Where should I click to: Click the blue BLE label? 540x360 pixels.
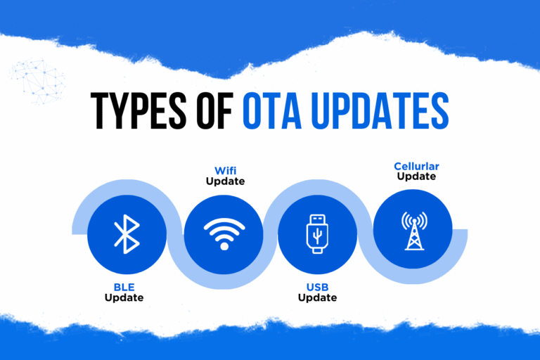point(124,287)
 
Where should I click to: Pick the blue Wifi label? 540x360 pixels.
point(224,172)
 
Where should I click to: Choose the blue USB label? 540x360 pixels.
point(317,287)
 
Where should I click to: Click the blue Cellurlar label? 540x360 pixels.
point(416,167)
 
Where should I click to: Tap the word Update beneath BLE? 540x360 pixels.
point(124,297)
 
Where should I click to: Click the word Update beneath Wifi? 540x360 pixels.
point(224,182)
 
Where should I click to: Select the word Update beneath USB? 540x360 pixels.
point(317,297)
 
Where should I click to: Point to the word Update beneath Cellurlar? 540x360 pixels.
point(416,176)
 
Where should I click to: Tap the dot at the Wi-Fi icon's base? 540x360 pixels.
point(224,245)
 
